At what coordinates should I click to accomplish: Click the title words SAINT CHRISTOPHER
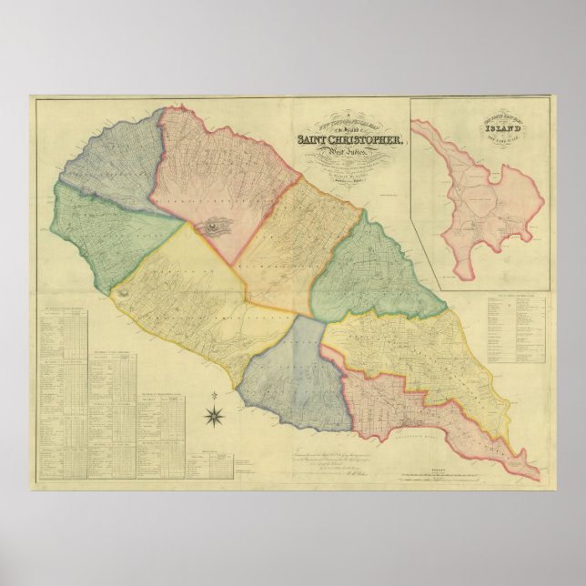pyautogui.click(x=350, y=139)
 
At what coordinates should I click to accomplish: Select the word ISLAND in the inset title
pyautogui.click(x=478, y=129)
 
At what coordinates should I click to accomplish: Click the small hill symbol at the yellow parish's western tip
pyautogui.click(x=122, y=292)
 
